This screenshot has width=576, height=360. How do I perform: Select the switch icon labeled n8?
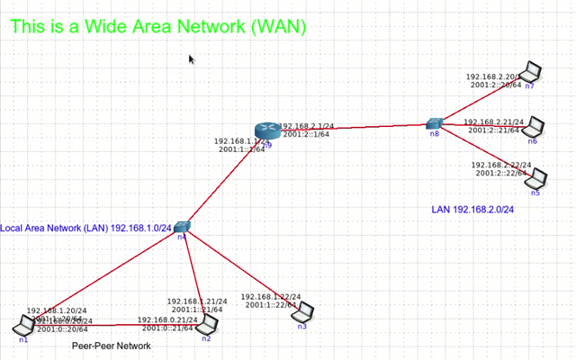coord(435,123)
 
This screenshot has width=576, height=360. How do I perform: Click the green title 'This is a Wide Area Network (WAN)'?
coord(158,27)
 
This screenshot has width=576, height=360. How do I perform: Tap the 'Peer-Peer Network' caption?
coord(112,346)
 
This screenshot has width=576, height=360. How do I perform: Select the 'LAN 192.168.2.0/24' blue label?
coord(479,210)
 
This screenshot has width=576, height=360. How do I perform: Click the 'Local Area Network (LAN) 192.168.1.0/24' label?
coord(85,229)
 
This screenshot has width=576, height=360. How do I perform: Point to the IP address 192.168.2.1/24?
coord(307,126)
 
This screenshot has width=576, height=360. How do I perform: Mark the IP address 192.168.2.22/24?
coord(501,166)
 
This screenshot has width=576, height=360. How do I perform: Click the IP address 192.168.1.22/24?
coord(271,297)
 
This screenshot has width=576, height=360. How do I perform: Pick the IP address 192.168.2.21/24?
coord(491,121)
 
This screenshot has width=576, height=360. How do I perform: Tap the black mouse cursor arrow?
coord(192,59)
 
